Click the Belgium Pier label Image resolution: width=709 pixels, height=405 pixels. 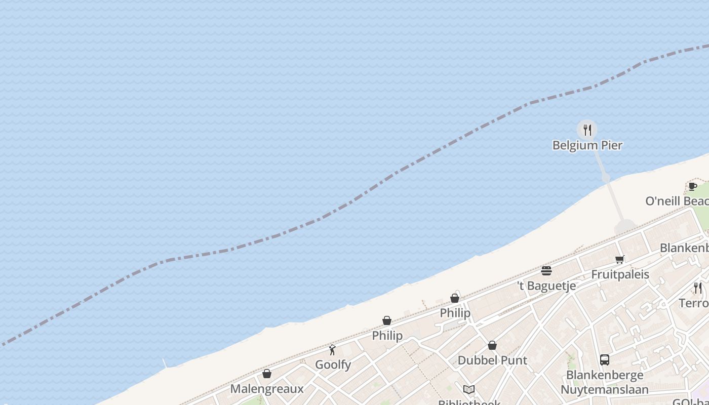[587, 145]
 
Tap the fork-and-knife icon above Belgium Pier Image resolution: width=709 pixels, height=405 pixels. [587, 130]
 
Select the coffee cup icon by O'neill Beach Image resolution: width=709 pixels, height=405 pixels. [692, 186]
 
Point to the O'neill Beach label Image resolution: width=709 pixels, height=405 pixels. [677, 201]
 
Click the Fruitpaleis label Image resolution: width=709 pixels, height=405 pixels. [620, 274]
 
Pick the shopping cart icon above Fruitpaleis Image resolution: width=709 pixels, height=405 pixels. [619, 260]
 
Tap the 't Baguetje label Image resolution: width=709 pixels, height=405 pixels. [546, 286]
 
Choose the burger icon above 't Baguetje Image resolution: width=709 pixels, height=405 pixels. [546, 271]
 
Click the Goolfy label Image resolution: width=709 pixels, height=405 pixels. [333, 364]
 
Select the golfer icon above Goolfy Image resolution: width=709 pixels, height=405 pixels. [332, 350]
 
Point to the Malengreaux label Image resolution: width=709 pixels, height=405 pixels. [267, 389]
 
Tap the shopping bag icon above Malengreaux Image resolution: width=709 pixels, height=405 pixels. [267, 374]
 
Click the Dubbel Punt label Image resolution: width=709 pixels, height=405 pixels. [492, 360]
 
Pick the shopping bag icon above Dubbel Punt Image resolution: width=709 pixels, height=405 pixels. [492, 346]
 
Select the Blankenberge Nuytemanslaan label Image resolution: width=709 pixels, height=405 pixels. [604, 382]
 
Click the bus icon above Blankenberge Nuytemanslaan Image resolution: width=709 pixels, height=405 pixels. [604, 360]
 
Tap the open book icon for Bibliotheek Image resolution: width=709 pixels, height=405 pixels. [469, 389]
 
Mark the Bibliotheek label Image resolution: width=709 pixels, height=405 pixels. [469, 401]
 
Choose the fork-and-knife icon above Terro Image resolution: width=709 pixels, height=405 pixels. [698, 288]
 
